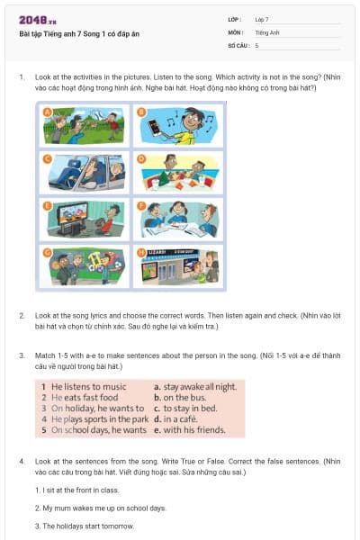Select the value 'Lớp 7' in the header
[262, 19]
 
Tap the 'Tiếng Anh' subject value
[266, 31]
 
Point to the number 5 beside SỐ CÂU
[256, 44]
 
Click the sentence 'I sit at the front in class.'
[76, 490]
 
